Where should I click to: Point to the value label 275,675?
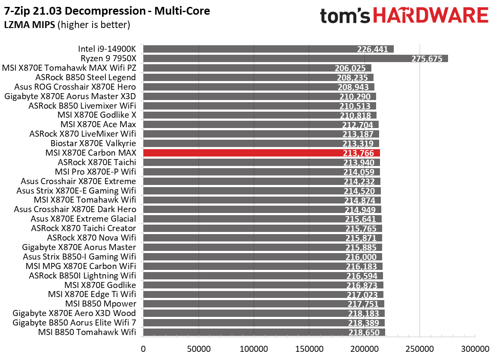coord(427,59)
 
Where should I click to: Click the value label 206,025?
coord(350,68)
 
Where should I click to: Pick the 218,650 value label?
coord(364,332)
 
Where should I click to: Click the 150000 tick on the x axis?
coord(309,348)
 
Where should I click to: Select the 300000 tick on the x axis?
coord(475,348)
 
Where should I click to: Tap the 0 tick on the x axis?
coord(143,348)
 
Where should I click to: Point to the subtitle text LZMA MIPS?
coord(29,25)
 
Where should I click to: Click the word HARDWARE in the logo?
coord(430,16)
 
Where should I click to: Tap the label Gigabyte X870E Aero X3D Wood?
coord(74,313)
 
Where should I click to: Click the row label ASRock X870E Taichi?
coord(97,162)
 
